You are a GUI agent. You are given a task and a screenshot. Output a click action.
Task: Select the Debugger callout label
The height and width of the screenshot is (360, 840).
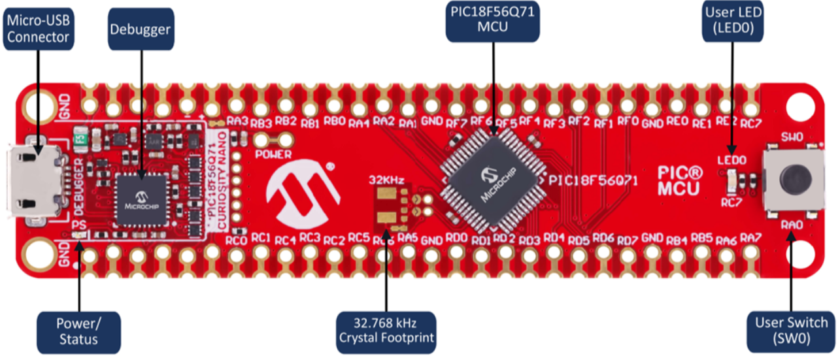pos(140,29)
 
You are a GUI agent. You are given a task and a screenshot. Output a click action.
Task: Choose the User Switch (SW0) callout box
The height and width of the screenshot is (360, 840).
pos(791,330)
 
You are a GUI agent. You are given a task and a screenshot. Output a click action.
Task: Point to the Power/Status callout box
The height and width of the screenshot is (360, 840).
pos(79,330)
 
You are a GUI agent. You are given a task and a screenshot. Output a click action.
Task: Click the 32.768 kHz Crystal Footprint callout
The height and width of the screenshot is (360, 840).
pos(386,330)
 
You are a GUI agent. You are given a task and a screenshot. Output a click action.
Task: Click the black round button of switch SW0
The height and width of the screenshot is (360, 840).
pos(794,178)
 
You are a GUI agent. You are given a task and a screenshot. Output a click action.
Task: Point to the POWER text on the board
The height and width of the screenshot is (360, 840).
pos(273,154)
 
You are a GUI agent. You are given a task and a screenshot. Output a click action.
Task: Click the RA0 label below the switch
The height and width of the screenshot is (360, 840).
pos(789,224)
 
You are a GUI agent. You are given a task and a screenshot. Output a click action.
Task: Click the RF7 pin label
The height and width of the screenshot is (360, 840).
pos(457,121)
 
